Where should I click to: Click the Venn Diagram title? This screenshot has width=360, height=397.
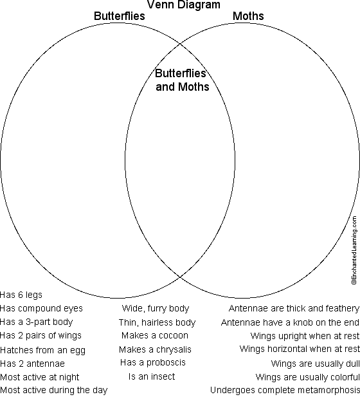184,5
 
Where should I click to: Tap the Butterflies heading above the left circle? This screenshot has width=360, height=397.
120,16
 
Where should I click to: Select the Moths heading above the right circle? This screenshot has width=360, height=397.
248,16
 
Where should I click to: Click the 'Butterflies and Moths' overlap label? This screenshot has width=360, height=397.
182,80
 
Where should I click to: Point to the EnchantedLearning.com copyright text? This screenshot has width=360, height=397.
354,250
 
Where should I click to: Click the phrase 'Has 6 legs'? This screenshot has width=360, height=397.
21,295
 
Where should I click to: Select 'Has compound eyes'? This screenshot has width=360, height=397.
41,308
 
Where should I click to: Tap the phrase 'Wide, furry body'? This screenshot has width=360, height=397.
156,308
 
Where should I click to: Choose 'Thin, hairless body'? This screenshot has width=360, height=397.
157,322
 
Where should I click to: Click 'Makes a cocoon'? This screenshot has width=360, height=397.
155,335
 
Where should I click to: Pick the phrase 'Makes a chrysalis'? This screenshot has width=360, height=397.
155,349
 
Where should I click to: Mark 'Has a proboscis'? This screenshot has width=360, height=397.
153,362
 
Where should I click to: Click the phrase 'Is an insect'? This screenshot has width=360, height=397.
152,376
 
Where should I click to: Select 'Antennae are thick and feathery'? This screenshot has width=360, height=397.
294,308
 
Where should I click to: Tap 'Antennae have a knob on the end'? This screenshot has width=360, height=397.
290,322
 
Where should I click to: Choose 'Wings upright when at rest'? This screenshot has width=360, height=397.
305,336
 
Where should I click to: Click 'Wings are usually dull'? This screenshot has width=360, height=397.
315,364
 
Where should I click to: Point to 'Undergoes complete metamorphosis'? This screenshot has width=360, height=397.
285,390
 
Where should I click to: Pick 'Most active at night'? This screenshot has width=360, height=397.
40,377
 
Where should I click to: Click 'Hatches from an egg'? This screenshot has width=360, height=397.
43,351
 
